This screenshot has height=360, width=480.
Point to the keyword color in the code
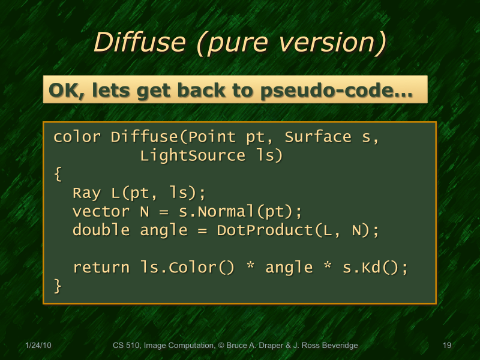77,137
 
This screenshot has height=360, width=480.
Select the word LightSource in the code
193,156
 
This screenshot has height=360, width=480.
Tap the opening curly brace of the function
58,175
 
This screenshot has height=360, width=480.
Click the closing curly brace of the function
58,286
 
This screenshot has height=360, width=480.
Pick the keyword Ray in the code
87,193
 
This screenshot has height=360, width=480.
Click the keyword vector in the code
101,212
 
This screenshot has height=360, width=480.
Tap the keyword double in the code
101,230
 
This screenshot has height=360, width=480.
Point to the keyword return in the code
101,267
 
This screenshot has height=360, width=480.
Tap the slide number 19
446,346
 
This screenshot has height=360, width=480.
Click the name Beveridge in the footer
338,346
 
